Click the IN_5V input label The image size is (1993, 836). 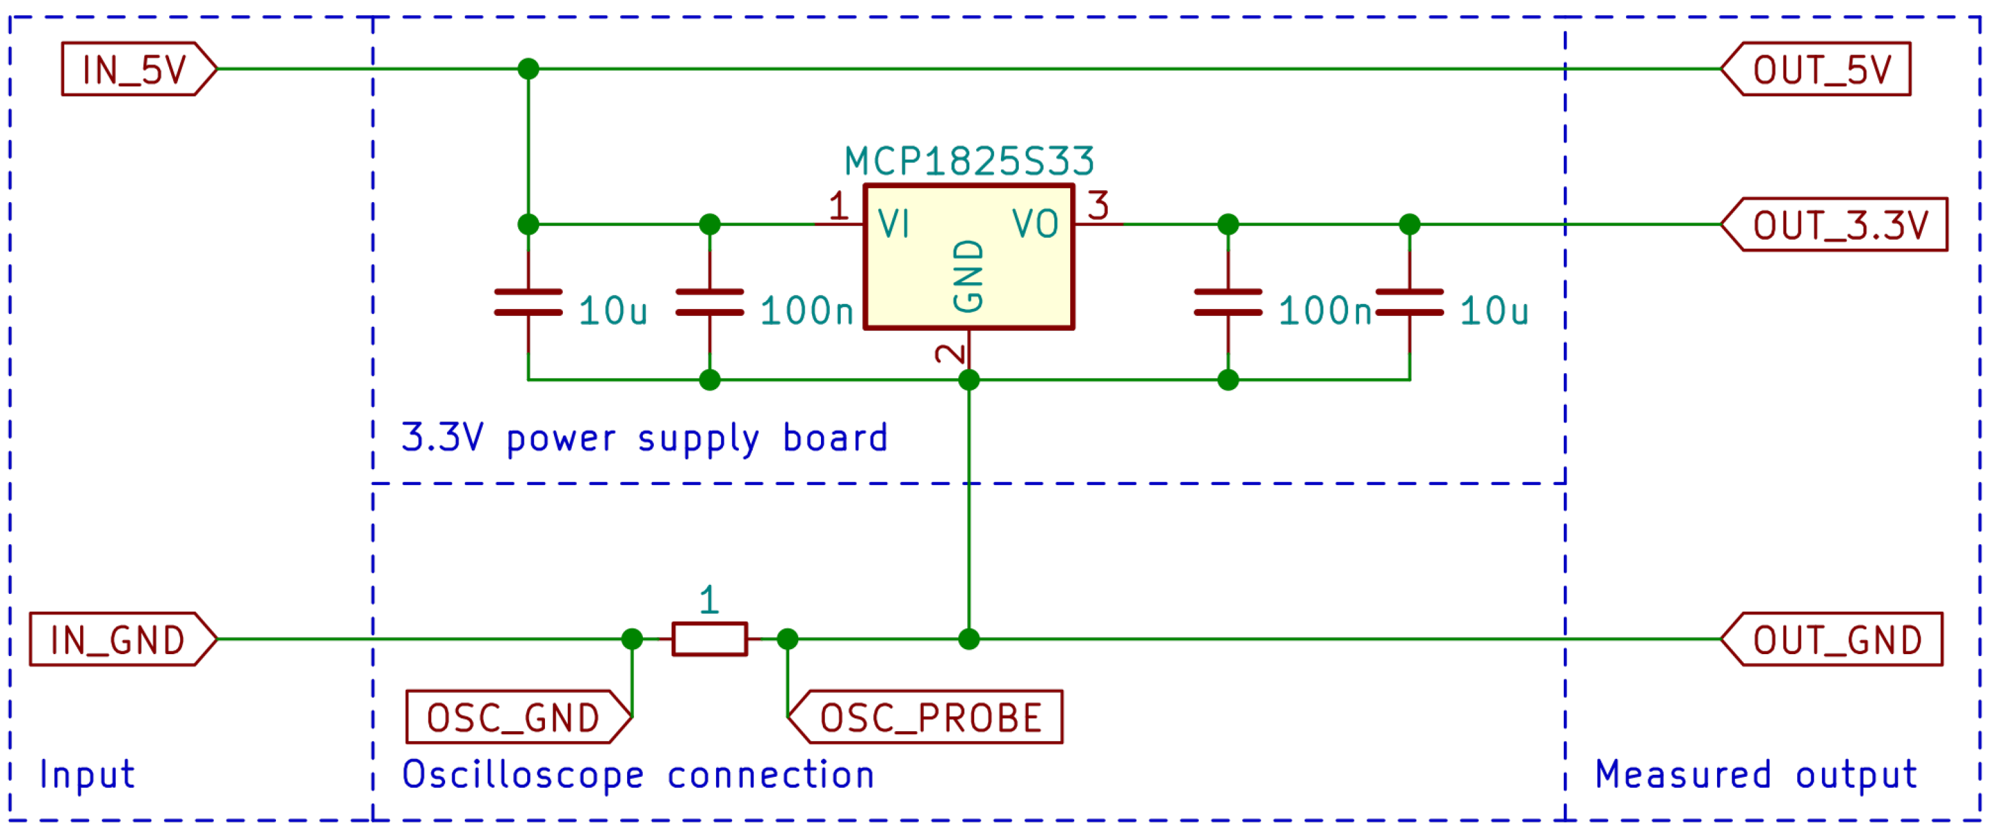(x=135, y=69)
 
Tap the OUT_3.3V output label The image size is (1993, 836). (x=1840, y=225)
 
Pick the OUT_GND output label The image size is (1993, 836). (x=1837, y=640)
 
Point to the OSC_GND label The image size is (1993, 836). (x=514, y=718)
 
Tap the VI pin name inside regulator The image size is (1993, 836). (x=893, y=225)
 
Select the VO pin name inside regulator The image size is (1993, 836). (x=1035, y=225)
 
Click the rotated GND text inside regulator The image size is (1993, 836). (x=969, y=276)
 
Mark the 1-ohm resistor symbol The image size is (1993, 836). (x=710, y=640)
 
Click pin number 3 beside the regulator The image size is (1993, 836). (x=1098, y=207)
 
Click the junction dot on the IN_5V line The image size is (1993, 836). (x=528, y=69)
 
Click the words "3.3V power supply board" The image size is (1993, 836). (x=644, y=439)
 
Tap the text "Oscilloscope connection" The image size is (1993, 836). (x=638, y=776)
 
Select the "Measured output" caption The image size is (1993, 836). (x=1756, y=776)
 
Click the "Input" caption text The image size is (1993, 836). (x=87, y=776)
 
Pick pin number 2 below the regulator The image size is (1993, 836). (x=951, y=353)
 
